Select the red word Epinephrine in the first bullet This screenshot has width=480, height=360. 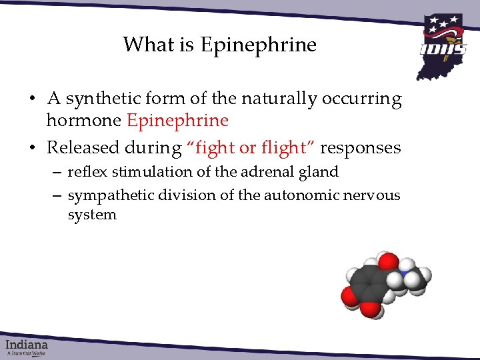(177, 121)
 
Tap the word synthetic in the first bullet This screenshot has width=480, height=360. (96, 99)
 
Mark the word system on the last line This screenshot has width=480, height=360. (92, 215)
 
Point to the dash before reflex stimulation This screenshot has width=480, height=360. (58, 173)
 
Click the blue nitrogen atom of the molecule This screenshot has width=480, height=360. (403, 273)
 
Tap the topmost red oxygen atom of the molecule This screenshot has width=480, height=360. (386, 261)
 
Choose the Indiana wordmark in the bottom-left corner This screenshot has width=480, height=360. (27, 345)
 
